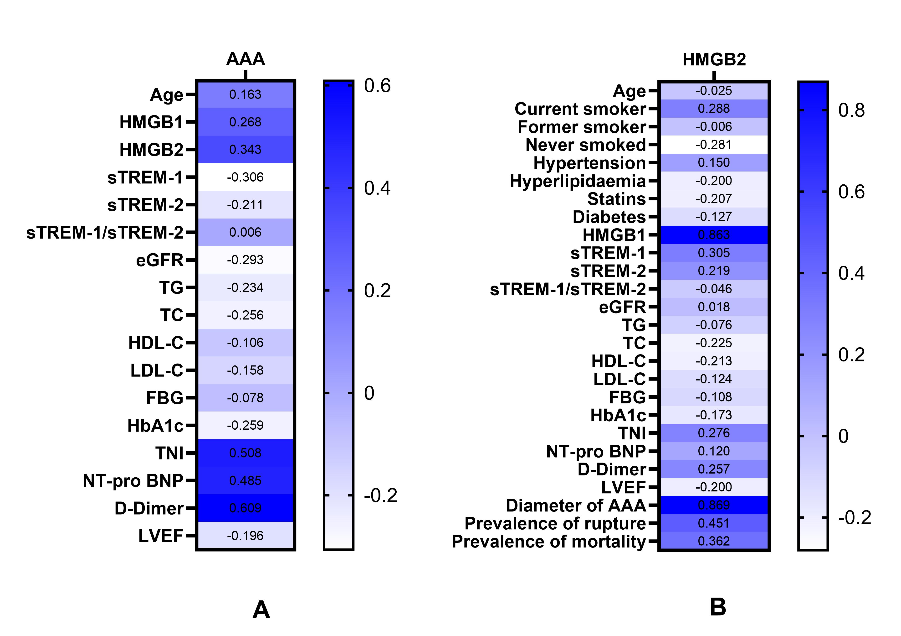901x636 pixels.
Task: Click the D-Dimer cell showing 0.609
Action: pyautogui.click(x=245, y=508)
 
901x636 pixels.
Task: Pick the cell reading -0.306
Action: pyautogui.click(x=245, y=177)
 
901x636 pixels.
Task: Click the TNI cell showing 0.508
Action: pyautogui.click(x=245, y=453)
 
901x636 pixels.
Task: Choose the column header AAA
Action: pyautogui.click(x=246, y=59)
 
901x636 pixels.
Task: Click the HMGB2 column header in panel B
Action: pyautogui.click(x=714, y=60)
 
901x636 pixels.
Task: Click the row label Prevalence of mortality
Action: pyautogui.click(x=549, y=541)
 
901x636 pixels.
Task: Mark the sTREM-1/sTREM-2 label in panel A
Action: pyautogui.click(x=105, y=233)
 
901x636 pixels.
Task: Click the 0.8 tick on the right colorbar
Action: pyautogui.click(x=851, y=110)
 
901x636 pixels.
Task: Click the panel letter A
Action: pyautogui.click(x=261, y=610)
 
